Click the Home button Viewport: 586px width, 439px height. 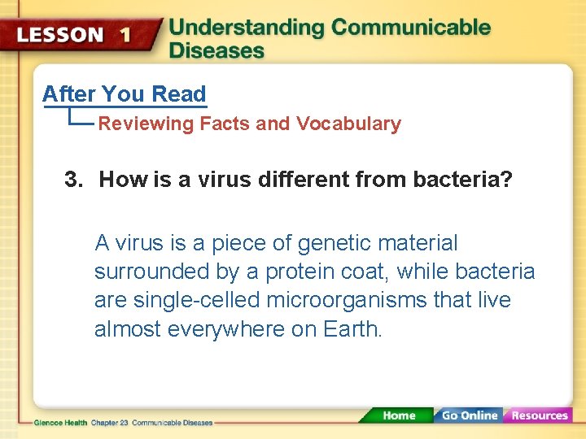click(x=398, y=415)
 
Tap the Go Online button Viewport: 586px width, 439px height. click(x=470, y=415)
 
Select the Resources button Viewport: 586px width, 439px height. click(x=539, y=415)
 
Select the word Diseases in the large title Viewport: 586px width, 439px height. click(x=216, y=50)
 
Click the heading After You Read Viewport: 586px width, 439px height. click(x=125, y=94)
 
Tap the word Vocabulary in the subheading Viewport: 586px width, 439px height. click(x=348, y=124)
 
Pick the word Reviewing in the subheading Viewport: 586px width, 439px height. click(x=146, y=124)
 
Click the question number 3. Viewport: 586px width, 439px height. click(x=73, y=179)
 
